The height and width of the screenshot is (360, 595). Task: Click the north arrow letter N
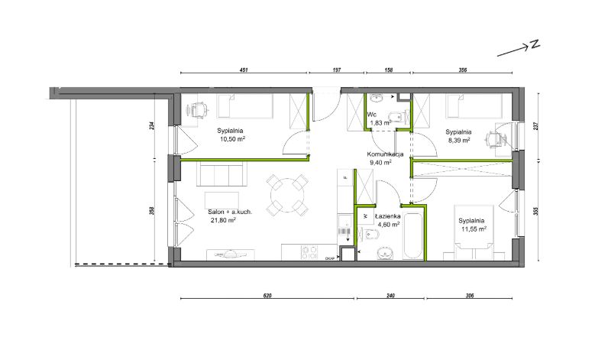535,44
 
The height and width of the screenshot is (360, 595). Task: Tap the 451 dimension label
244,70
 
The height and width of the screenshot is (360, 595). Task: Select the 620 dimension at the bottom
267,296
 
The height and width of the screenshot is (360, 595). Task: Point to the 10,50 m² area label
232,139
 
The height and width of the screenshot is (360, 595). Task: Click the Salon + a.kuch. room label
230,212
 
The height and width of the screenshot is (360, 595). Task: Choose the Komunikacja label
385,154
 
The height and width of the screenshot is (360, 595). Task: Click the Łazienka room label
388,216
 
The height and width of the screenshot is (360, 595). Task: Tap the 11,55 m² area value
474,229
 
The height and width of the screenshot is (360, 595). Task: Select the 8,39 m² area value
458,140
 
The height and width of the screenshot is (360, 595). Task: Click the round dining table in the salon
286,195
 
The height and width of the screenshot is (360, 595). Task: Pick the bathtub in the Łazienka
412,236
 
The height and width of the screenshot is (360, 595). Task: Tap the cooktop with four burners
309,252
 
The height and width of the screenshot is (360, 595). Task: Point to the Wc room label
371,115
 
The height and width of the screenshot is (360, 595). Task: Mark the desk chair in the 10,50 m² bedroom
198,110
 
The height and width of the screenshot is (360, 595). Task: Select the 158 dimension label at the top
388,70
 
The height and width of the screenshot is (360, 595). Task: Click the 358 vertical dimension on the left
151,211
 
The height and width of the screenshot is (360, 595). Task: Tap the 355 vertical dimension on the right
535,211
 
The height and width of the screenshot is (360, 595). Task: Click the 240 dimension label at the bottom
390,296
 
